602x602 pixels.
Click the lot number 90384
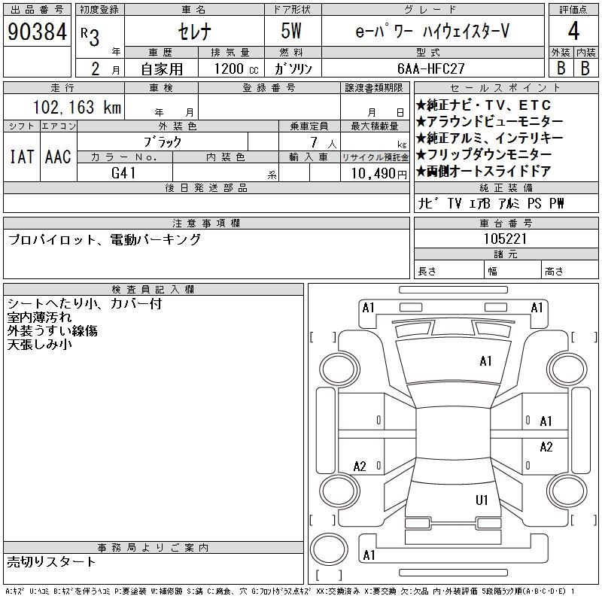tap(36, 32)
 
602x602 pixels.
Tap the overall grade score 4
tap(573, 32)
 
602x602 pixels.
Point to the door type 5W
tap(292, 32)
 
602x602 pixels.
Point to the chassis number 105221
tap(485, 239)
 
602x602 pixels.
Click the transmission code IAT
tap(20, 157)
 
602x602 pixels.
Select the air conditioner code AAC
tap(58, 157)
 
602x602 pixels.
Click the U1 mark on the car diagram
tap(482, 500)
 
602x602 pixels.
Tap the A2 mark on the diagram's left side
tap(360, 467)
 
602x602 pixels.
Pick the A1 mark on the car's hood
tap(485, 361)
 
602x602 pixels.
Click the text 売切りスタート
tap(52, 561)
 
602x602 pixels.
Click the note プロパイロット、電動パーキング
tap(104, 240)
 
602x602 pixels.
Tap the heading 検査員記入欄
tap(154, 289)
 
